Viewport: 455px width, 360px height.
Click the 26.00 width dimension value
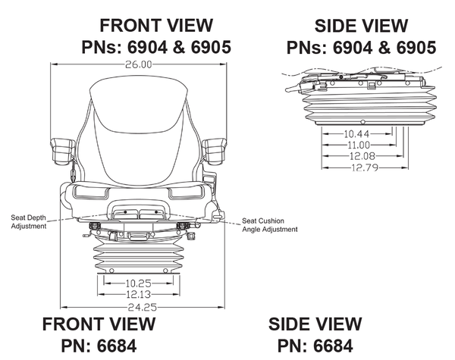coord(140,65)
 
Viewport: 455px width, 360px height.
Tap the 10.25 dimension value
coord(138,283)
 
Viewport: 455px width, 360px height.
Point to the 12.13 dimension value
coord(138,294)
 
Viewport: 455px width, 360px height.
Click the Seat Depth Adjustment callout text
coord(29,222)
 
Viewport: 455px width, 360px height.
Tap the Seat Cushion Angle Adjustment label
coord(269,225)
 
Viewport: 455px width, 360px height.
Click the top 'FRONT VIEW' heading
coord(156,27)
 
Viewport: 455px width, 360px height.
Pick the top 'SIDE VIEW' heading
coord(361,27)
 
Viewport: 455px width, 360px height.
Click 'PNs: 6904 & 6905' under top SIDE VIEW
coord(361,47)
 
